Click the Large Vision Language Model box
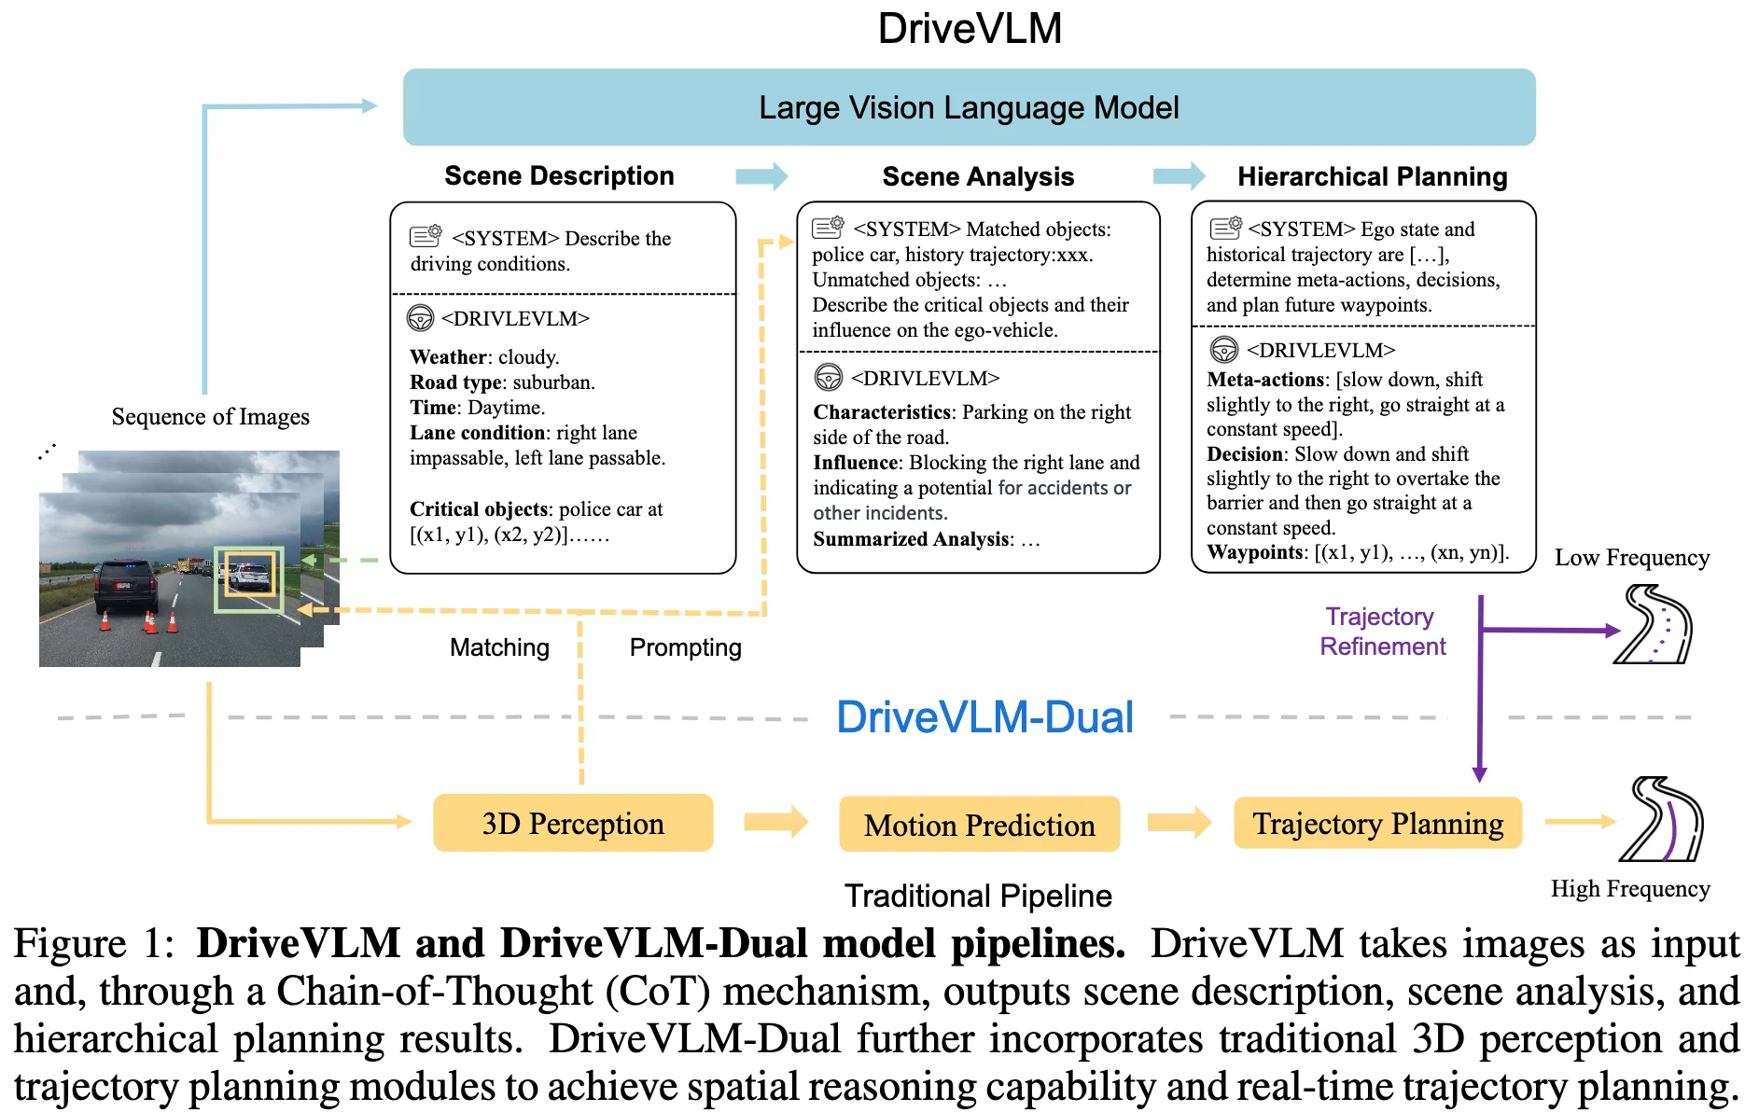tap(969, 107)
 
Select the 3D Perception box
tap(573, 823)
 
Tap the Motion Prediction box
tap(979, 824)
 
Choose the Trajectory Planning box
tap(1377, 823)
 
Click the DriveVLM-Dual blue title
tap(984, 717)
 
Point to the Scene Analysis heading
tap(978, 176)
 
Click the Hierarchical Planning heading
tap(1372, 176)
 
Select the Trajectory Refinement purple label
tap(1382, 632)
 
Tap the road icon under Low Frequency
tap(1654, 624)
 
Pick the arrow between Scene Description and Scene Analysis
tap(761, 176)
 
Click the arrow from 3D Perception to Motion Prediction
tap(775, 822)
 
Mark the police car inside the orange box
tap(248, 576)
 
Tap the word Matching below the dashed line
tap(499, 647)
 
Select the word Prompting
tap(685, 647)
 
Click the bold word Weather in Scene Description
tap(448, 357)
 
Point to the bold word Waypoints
tap(1255, 552)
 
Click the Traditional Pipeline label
tap(978, 896)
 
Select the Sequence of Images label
tap(210, 416)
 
